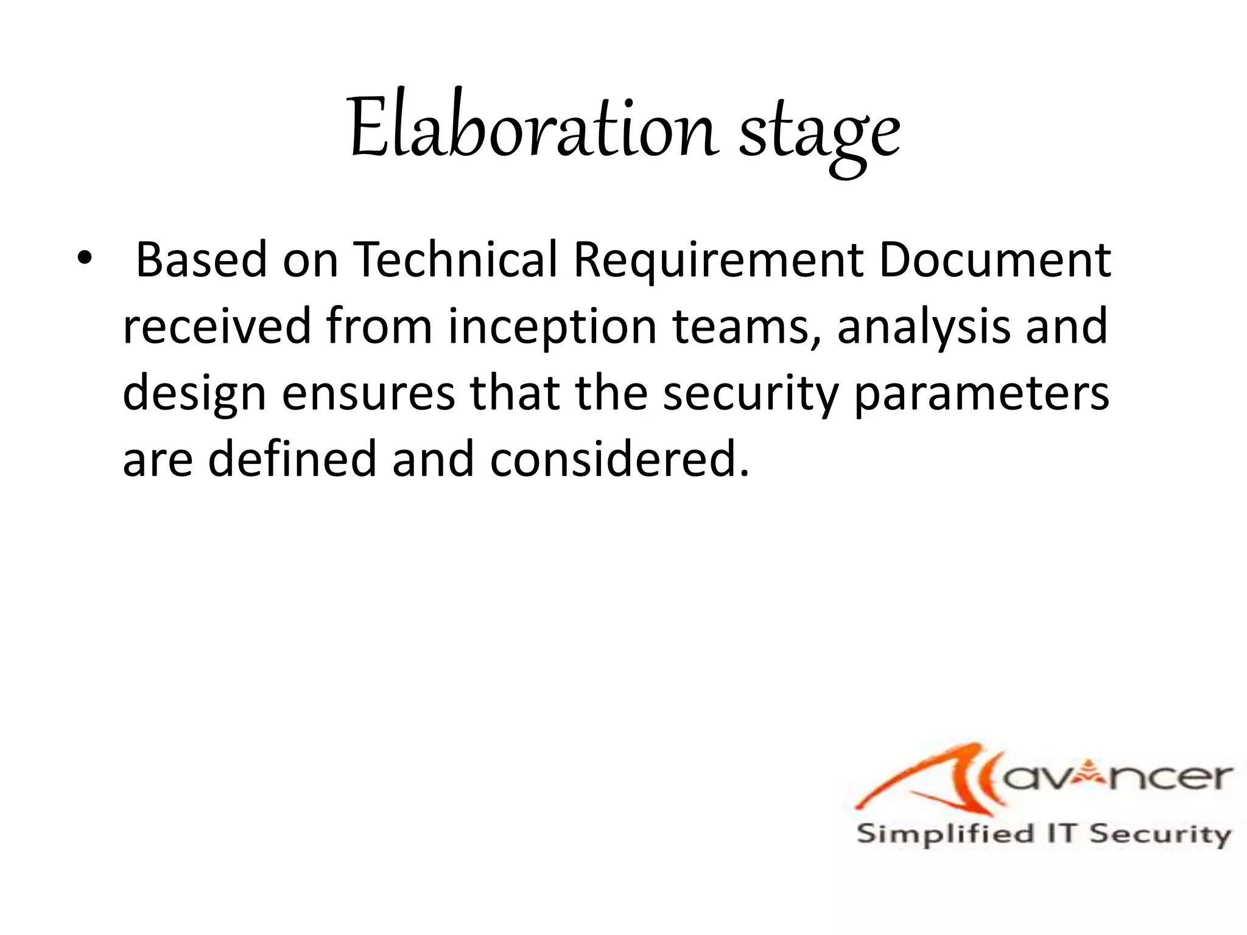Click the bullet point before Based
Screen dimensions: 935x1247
tap(83, 259)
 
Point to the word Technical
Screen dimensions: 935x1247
tap(455, 260)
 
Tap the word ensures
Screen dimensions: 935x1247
tap(368, 393)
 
